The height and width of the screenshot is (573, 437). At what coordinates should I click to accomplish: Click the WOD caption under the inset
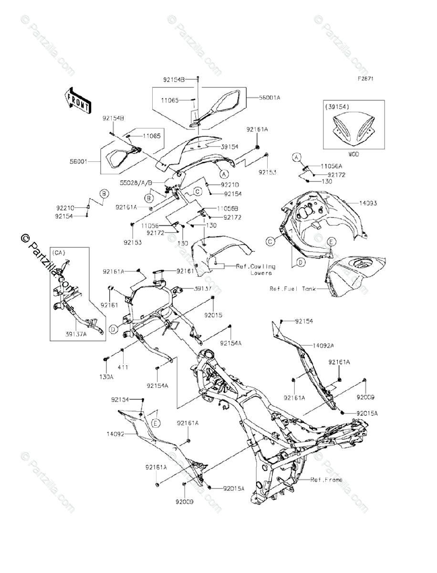(x=354, y=154)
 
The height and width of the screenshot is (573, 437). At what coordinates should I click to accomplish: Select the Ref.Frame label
(x=326, y=479)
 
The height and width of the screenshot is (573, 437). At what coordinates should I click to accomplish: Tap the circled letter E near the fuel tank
(x=330, y=242)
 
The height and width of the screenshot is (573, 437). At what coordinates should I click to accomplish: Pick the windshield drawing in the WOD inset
(x=354, y=129)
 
